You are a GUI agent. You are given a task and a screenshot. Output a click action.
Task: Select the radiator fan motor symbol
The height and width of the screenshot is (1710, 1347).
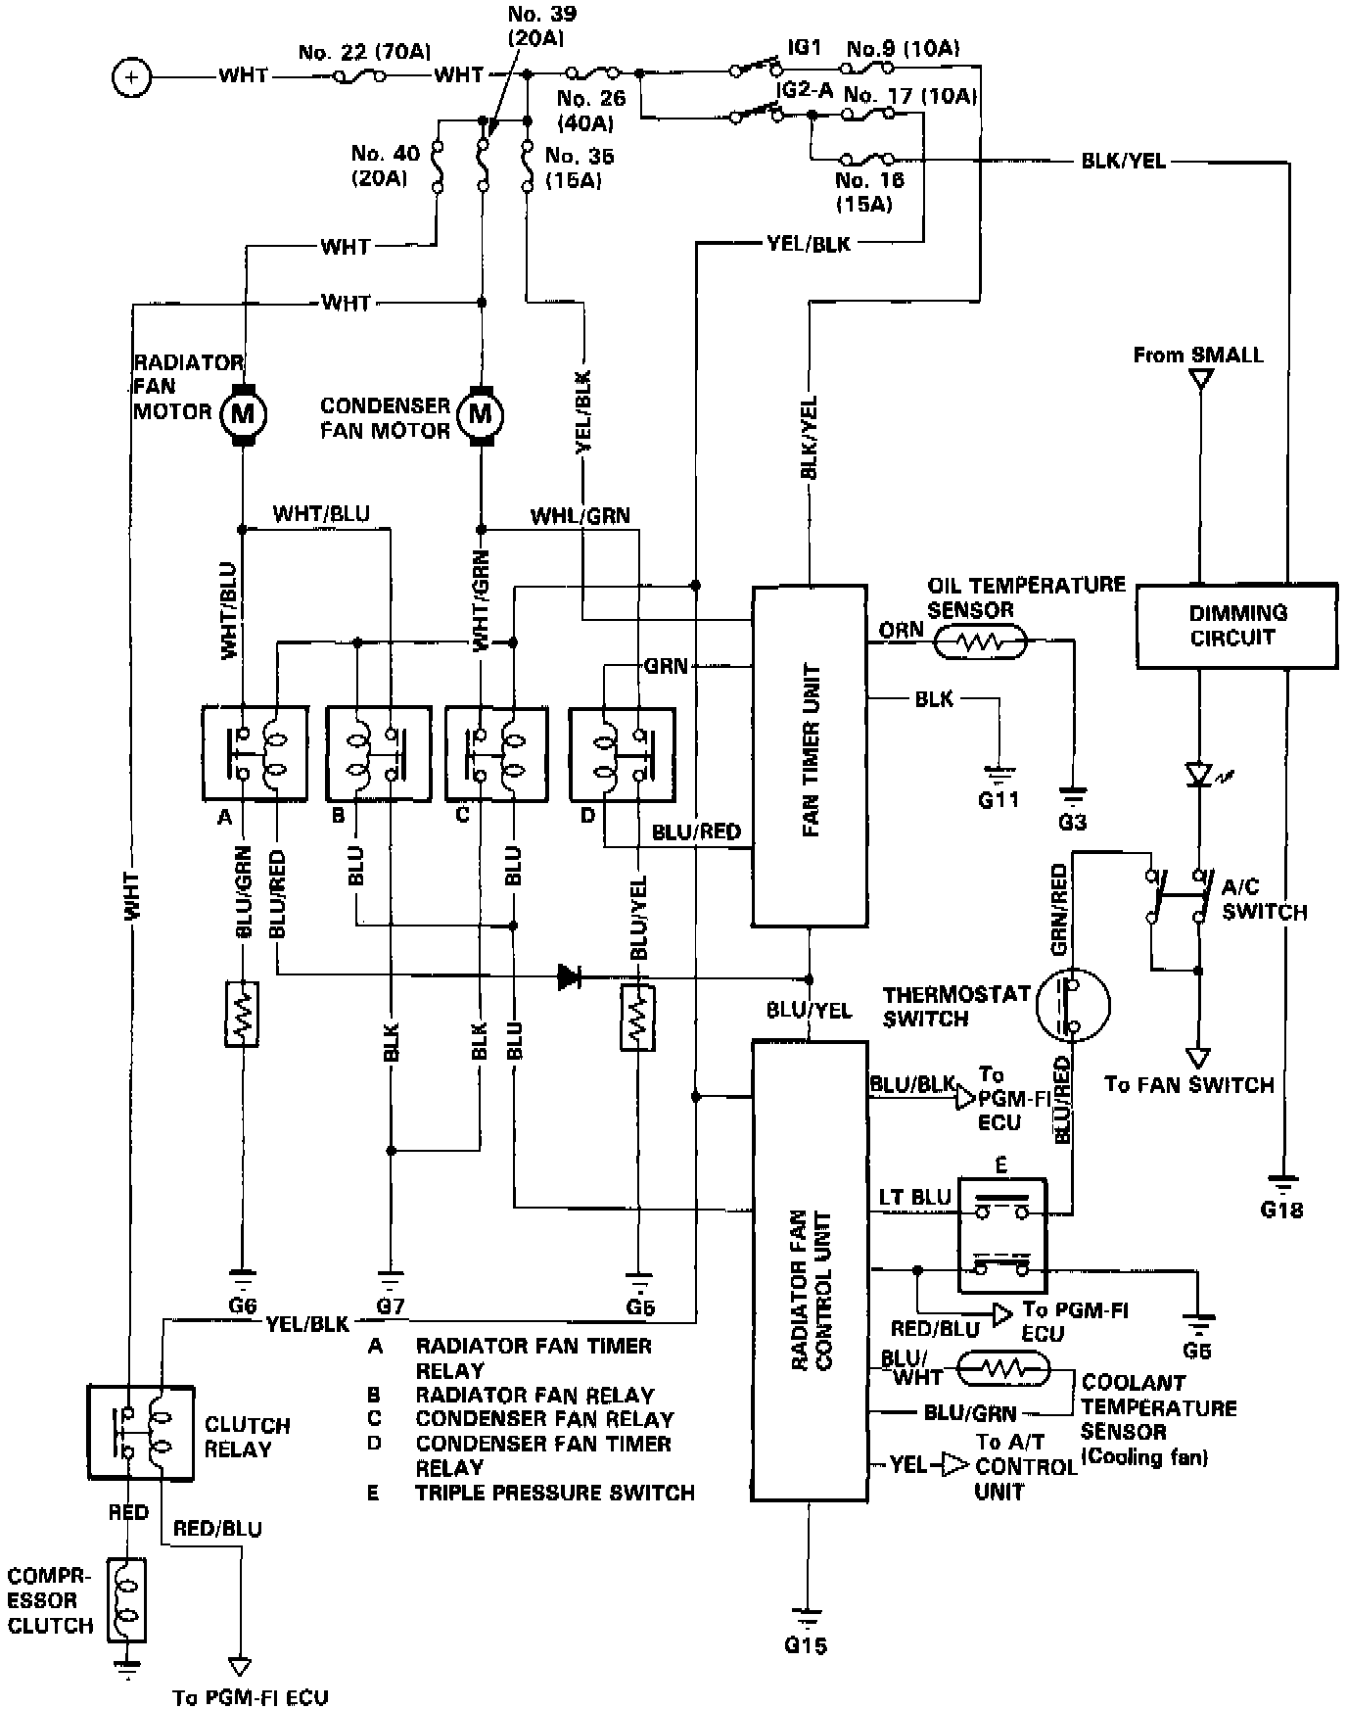[241, 414]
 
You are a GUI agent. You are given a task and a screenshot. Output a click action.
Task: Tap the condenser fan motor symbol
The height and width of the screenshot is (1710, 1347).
[480, 414]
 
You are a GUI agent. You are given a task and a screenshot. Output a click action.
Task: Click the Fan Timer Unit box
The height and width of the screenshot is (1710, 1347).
[809, 755]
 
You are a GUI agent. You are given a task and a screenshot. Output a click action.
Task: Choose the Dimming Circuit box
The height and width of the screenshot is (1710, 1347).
[1235, 625]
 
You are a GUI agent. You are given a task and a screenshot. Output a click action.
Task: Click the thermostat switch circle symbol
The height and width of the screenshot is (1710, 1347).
[1073, 1004]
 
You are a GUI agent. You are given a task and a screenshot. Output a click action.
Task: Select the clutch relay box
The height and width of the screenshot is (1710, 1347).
[141, 1432]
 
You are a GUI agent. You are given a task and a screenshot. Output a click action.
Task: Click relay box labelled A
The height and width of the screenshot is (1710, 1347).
[254, 753]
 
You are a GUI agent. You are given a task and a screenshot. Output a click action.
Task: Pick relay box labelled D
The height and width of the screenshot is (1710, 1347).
[622, 753]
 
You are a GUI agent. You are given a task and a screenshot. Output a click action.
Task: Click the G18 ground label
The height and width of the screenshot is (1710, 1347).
[1281, 1210]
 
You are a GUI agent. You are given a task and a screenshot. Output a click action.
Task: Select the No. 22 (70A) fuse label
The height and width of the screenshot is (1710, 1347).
[364, 51]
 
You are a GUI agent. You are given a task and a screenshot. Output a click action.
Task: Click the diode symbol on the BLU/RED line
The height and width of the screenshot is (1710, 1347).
[569, 975]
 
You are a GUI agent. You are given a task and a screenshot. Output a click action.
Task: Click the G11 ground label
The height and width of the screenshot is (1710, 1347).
[999, 798]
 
